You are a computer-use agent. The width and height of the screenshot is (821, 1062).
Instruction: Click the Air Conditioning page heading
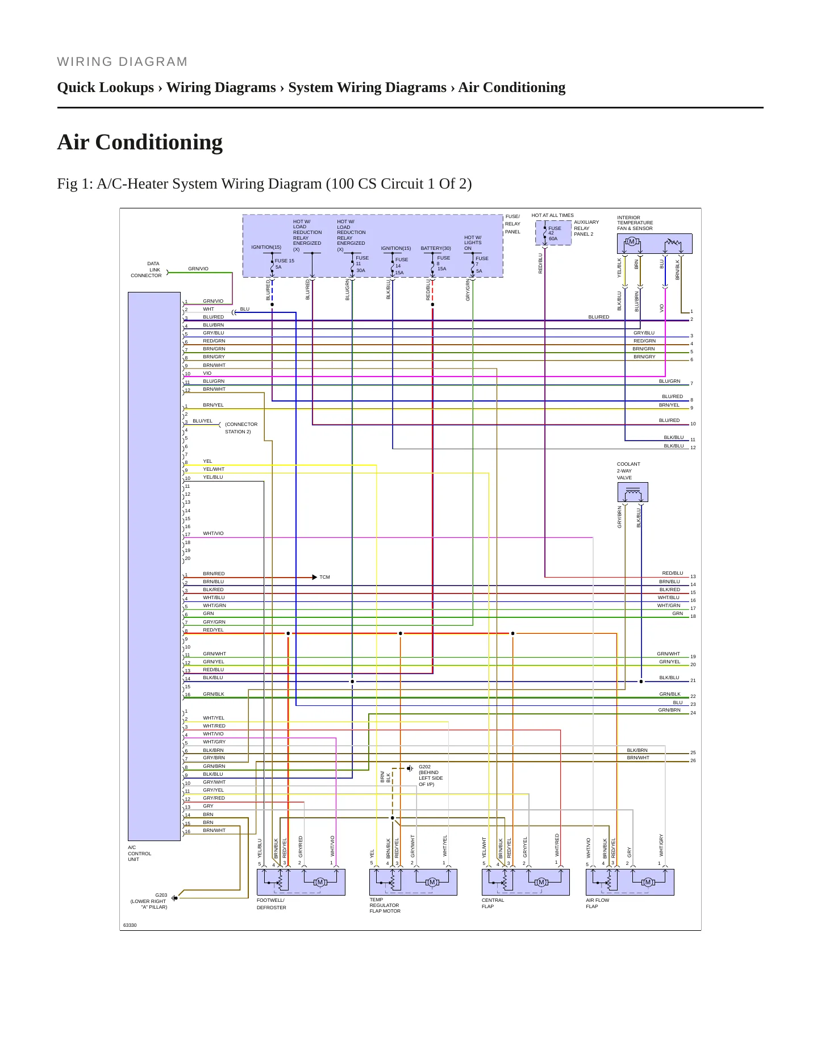(140, 142)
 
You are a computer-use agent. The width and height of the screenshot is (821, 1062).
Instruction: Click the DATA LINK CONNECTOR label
(147, 270)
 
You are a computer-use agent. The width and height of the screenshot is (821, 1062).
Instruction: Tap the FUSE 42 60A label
(555, 233)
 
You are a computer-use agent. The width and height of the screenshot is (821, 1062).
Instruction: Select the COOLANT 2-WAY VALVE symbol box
(632, 492)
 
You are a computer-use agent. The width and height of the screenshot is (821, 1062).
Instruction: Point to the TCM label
(324, 577)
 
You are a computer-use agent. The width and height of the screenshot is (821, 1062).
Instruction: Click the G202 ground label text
(431, 775)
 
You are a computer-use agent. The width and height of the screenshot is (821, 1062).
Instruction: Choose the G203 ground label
(149, 901)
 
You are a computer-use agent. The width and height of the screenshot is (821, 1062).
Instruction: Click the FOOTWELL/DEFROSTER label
(272, 904)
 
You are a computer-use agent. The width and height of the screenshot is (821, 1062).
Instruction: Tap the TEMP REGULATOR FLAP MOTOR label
(385, 905)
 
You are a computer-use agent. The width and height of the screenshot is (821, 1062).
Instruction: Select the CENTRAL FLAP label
(493, 903)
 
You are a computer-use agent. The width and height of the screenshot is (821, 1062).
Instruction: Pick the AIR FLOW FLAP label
(598, 903)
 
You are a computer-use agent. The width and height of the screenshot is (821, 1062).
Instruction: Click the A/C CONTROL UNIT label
(140, 853)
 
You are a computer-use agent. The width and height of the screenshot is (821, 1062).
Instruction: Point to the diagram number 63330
(130, 925)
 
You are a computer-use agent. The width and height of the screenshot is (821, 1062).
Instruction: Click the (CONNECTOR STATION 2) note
(241, 428)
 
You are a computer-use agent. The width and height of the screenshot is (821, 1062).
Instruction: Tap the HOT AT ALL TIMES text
(553, 215)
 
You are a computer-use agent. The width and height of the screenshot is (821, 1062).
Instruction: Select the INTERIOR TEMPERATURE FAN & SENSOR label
(635, 223)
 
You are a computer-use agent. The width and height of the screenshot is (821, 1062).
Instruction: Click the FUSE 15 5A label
(285, 264)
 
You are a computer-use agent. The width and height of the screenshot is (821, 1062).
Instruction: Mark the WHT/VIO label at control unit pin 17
(214, 533)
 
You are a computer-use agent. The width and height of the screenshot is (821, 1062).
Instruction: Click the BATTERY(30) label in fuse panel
(436, 248)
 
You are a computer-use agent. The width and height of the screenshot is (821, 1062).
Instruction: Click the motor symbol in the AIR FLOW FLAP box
(648, 882)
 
